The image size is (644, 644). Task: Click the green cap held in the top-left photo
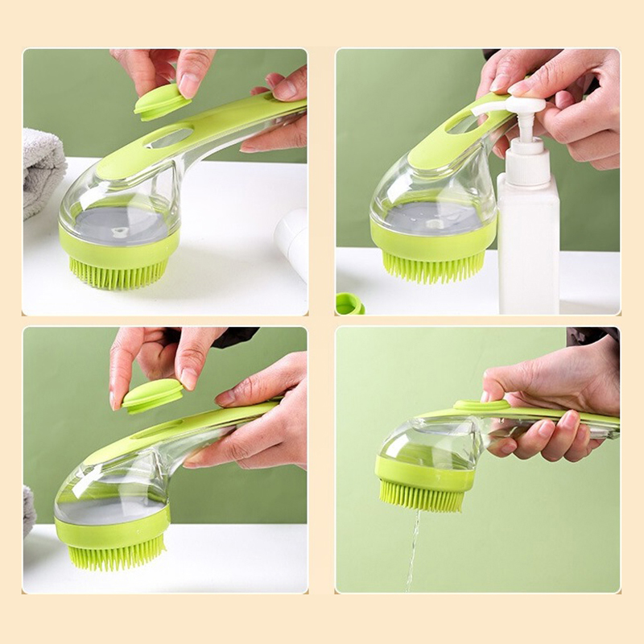click(162, 101)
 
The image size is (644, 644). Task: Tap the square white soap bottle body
click(527, 250)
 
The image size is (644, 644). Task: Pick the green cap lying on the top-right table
click(349, 304)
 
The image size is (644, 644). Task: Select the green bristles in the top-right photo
click(436, 265)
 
